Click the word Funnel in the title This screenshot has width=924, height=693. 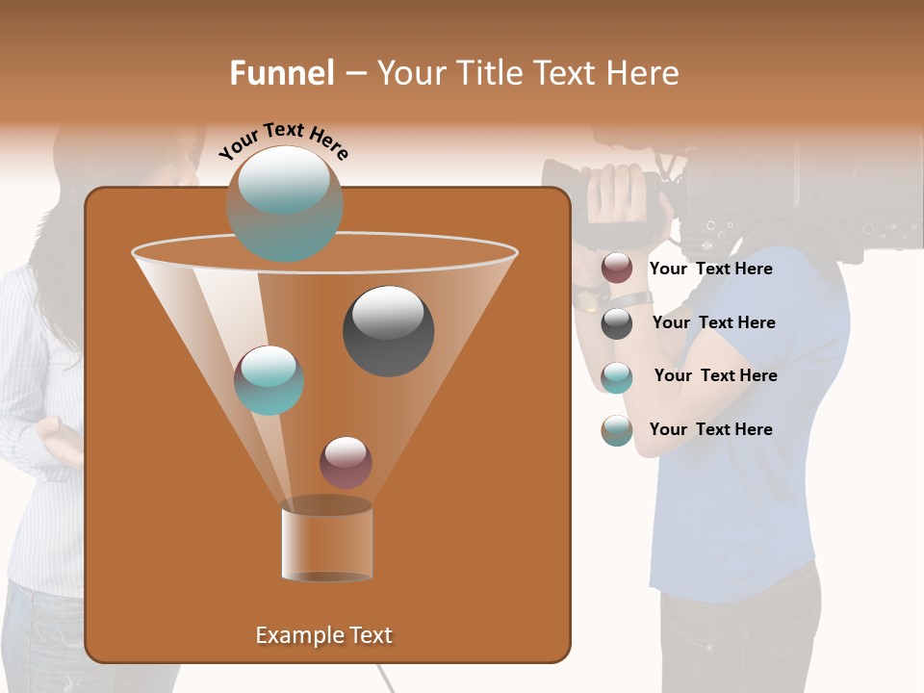pos(281,73)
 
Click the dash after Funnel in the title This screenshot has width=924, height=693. pos(354,74)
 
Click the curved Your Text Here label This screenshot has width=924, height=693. pos(283,141)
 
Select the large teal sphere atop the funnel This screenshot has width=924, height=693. pos(284,203)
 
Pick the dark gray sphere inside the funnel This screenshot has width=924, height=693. pos(388,330)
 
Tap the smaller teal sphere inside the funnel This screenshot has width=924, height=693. pos(269,380)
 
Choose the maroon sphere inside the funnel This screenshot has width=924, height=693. pos(346,462)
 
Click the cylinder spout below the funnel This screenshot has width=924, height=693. pos(326,541)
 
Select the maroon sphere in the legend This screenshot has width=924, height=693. pos(617,269)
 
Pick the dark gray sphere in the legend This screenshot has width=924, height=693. pos(617,323)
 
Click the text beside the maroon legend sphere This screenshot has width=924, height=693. pos(710,269)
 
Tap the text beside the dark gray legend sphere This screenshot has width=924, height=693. pos(713,322)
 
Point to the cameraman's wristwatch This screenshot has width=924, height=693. pos(586,301)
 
